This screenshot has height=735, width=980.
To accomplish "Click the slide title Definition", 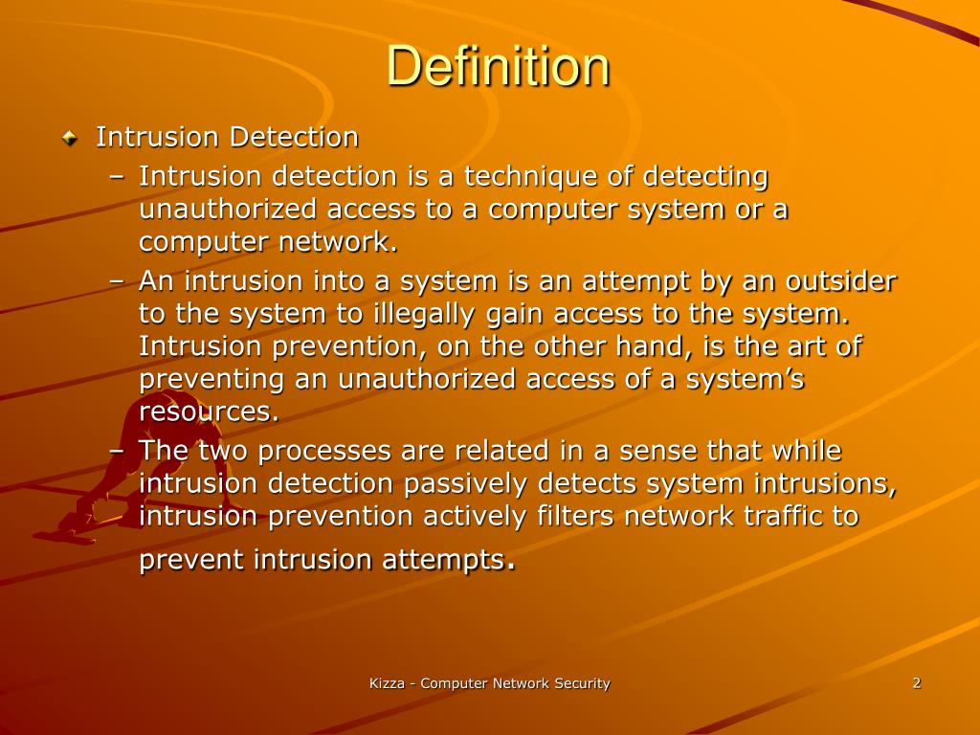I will [498, 67].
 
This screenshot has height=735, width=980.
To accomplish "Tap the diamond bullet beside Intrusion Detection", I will [70, 139].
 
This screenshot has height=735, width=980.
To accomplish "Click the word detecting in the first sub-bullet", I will [705, 177].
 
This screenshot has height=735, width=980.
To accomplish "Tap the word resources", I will [210, 412].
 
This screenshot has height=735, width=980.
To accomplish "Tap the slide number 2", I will [917, 682].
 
